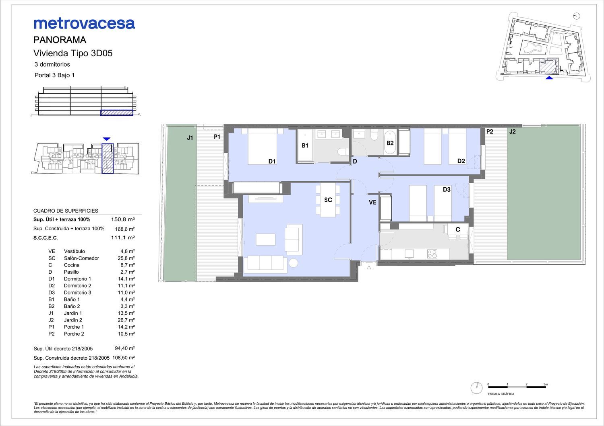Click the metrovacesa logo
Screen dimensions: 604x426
[x=84, y=24]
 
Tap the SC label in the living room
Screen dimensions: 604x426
[x=328, y=200]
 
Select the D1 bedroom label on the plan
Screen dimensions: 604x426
[x=272, y=161]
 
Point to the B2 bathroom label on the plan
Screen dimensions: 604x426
[x=390, y=143]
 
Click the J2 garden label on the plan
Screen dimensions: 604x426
[x=512, y=131]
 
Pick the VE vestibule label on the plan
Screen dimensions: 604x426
[x=372, y=202]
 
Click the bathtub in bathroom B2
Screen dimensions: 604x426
[x=390, y=143]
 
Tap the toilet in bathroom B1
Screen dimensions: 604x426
[x=343, y=152]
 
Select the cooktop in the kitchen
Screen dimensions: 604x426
[x=432, y=254]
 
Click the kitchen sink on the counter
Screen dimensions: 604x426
[x=410, y=254]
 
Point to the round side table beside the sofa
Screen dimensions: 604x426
[x=293, y=263]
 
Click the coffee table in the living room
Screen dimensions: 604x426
[x=266, y=240]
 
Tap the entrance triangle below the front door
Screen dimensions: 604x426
[x=369, y=268]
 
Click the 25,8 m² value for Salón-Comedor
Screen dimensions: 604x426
[x=128, y=258]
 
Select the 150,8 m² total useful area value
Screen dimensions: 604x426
[x=123, y=219]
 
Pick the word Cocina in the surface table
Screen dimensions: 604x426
[x=72, y=265]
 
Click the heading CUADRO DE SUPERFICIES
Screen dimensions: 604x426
[x=66, y=211]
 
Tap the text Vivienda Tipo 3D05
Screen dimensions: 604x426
[x=73, y=53]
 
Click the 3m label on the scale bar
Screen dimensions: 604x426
[x=546, y=384]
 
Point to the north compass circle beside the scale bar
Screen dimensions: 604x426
[x=476, y=388]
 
